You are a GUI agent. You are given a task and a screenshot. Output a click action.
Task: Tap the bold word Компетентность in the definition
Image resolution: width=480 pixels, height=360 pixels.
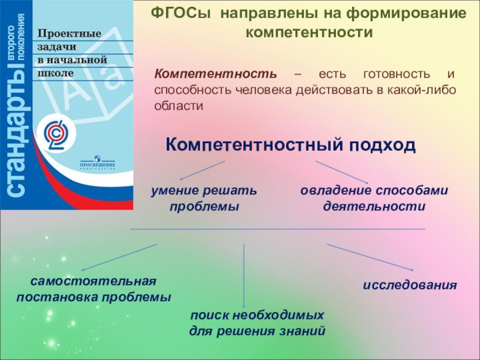tap(217, 74)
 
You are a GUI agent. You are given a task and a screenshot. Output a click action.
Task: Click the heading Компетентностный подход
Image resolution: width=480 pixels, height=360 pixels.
tap(290, 145)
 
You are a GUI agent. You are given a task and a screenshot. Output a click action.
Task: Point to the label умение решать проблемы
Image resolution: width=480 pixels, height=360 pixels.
tap(203, 198)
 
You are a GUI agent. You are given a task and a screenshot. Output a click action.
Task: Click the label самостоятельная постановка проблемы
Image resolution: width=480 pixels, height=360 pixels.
tap(94, 289)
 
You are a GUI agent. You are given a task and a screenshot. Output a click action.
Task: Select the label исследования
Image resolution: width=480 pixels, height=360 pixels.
tap(410, 284)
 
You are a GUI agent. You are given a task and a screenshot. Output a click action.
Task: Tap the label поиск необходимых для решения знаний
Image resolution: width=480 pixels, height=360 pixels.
tap(257, 323)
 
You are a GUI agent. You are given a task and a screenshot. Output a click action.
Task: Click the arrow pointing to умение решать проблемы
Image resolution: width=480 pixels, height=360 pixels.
tap(202, 170)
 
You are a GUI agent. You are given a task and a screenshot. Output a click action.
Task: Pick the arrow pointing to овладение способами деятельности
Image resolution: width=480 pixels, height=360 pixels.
tap(341, 172)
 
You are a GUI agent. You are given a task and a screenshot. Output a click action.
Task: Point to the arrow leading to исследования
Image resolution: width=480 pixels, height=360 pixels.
tap(370, 257)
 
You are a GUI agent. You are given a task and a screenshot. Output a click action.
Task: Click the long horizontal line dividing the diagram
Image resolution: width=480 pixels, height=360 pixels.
tap(277, 229)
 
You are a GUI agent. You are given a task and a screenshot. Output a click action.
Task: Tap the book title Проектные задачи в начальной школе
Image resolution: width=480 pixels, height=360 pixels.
tap(72, 52)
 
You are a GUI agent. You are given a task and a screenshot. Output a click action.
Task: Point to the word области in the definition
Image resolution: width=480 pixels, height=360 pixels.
tap(179, 105)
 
